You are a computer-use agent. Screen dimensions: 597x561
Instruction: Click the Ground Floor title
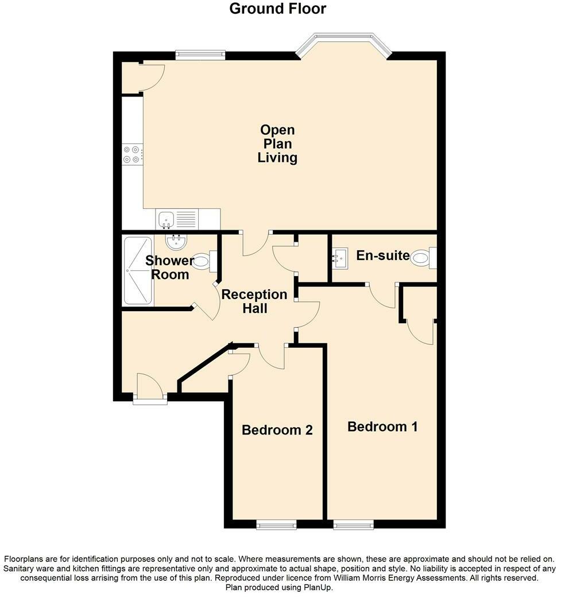click(x=277, y=9)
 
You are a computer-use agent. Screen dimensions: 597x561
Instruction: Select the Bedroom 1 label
click(x=382, y=427)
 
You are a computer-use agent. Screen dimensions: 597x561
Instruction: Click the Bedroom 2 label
click(x=277, y=430)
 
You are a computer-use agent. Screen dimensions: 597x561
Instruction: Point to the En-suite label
click(x=382, y=255)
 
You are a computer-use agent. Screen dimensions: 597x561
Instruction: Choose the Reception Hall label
click(x=254, y=301)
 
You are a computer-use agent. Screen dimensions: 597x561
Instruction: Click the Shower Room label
click(x=169, y=268)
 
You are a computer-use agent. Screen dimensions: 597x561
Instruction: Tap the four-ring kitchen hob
click(x=131, y=153)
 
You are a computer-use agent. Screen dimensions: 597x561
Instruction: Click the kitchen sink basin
click(x=167, y=219)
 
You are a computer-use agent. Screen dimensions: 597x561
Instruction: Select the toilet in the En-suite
click(x=423, y=258)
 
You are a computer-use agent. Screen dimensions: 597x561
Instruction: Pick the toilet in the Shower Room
click(x=203, y=262)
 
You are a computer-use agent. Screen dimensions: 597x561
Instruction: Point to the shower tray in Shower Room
click(x=138, y=270)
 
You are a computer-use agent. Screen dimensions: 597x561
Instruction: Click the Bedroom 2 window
click(x=276, y=524)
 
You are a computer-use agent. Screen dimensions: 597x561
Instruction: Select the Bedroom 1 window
click(x=353, y=524)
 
